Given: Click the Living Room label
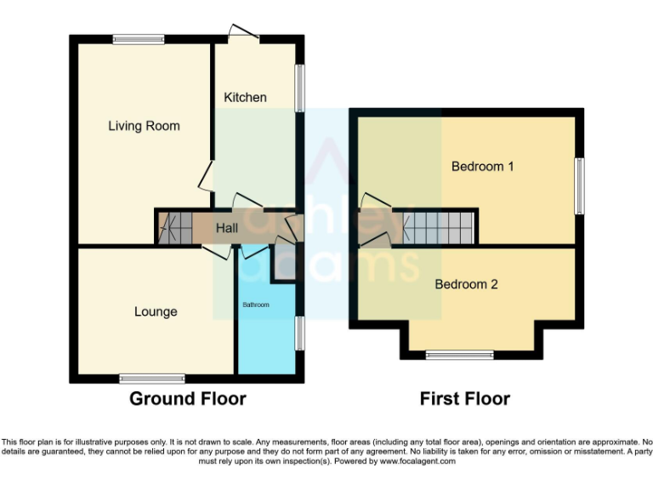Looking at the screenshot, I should tap(144, 126).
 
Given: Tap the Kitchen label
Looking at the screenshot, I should tap(245, 97).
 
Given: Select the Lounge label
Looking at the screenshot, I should tap(156, 311).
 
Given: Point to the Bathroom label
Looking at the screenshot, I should tap(255, 305).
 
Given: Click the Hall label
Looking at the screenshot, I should tap(226, 228).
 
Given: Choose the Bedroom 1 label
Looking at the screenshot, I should tap(482, 166).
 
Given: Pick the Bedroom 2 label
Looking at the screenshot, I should tap(466, 284).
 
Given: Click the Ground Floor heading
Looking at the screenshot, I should tap(187, 398).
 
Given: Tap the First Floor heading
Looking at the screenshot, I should tap(464, 398).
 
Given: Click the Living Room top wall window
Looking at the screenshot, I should tap(139, 38).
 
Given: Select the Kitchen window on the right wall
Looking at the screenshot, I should tap(299, 88).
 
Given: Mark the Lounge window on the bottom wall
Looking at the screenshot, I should tap(152, 377).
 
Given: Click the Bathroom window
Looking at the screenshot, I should tap(299, 333).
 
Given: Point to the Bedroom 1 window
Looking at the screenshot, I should tap(579, 185).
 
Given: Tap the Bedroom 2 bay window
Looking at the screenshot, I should tap(459, 354).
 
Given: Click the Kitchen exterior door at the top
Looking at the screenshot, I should tap(243, 33).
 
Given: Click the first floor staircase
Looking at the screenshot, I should tap(437, 227).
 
